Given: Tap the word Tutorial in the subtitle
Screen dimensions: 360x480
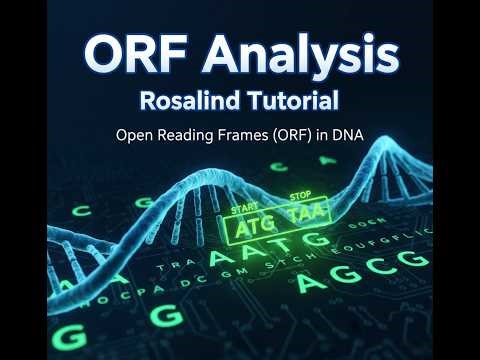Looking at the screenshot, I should [288, 101].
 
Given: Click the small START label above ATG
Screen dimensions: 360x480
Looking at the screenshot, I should [244, 210].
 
